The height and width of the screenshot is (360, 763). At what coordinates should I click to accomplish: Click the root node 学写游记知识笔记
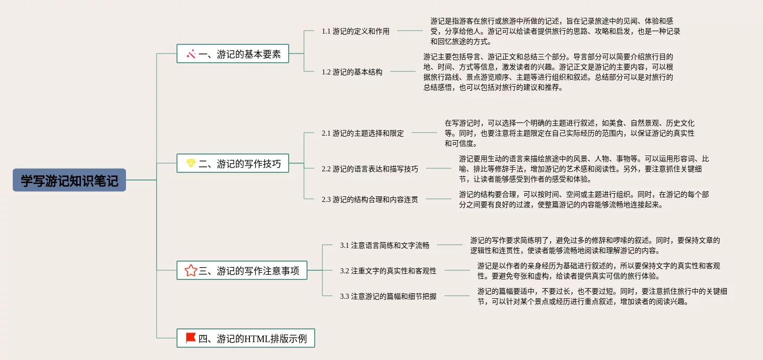(69, 181)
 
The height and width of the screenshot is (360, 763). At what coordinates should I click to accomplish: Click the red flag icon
(191, 338)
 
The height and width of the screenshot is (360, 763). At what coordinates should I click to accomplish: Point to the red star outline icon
(191, 270)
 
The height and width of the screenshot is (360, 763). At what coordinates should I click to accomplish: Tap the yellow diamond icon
(191, 163)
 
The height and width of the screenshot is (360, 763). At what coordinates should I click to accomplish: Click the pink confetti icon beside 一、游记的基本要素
(191, 54)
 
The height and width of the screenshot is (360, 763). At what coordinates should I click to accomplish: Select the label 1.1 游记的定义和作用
(355, 31)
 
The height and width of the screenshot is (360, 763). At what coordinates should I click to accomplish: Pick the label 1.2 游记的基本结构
(352, 72)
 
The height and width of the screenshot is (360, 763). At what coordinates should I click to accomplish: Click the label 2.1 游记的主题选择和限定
(363, 133)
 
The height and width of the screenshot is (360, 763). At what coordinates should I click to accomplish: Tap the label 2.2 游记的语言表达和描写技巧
(370, 169)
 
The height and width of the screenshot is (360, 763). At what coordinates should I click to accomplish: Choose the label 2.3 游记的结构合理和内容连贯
(370, 199)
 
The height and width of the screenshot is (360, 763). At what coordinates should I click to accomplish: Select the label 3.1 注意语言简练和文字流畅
(385, 245)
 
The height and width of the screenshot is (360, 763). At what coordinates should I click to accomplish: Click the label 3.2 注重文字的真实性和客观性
(388, 271)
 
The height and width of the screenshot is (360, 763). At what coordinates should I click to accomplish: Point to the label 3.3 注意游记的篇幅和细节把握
(388, 296)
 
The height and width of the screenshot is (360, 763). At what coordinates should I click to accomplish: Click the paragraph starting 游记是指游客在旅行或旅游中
(555, 31)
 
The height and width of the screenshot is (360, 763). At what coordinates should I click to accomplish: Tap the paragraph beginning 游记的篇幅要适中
(602, 296)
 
